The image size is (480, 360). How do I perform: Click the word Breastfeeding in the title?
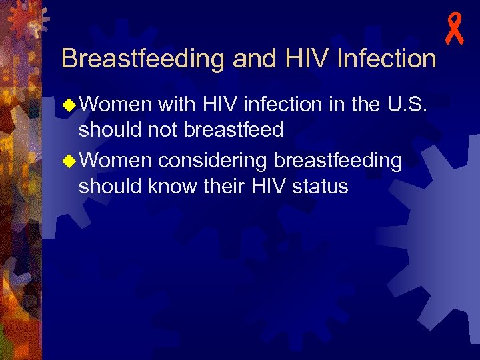point(143,59)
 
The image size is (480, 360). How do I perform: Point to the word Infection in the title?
point(387,59)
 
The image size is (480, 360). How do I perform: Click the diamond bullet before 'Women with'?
point(69,105)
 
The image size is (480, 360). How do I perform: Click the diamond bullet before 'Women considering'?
point(69,162)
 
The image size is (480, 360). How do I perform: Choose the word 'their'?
point(227,187)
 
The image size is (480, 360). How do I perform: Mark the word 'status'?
point(319,187)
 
